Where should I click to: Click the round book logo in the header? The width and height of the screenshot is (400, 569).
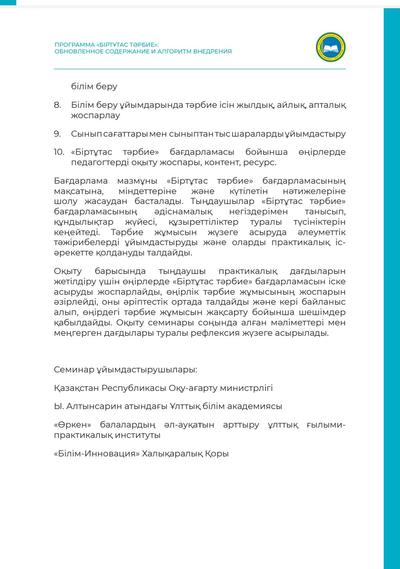tap(330, 47)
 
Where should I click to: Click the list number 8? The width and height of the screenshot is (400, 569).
tap(57, 105)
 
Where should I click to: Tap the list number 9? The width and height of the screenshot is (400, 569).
tap(57, 134)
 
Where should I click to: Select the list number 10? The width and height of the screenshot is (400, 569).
tap(59, 152)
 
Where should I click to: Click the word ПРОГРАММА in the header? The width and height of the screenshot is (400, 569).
tap(75, 45)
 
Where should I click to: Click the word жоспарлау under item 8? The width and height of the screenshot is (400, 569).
tap(96, 115)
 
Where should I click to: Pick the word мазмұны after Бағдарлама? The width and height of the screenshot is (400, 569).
tap(137, 181)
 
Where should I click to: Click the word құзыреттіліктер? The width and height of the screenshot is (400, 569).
tap(203, 222)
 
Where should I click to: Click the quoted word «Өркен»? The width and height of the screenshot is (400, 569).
tap(72, 425)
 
